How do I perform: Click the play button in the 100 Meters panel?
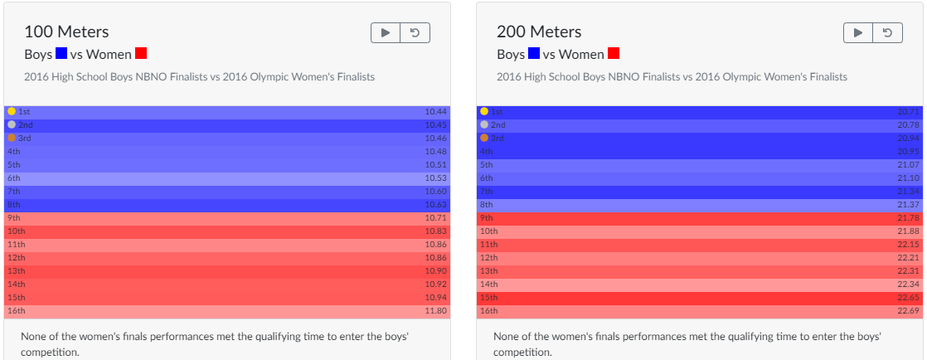tap(386, 32)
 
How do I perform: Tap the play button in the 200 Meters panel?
tap(858, 32)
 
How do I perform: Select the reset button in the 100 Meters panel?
tap(415, 32)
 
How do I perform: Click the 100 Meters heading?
tap(66, 32)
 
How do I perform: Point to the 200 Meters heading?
tap(539, 32)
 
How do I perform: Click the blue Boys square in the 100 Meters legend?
tap(61, 54)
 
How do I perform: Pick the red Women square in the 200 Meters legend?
tap(614, 54)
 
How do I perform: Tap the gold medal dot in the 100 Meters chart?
tap(12, 111)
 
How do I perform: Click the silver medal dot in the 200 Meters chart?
tap(484, 124)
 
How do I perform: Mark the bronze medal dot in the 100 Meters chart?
tap(12, 138)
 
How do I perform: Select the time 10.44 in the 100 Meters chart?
tap(435, 111)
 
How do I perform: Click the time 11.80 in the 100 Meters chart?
tap(435, 311)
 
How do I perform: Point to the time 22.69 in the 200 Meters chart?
tap(908, 311)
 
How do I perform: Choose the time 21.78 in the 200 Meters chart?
tap(908, 217)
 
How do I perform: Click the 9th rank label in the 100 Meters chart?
tap(13, 217)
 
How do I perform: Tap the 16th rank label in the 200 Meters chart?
tap(489, 311)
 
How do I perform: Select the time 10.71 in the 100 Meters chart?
tap(435, 217)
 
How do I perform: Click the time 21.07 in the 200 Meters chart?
tap(908, 164)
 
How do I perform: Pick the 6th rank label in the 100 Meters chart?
tap(13, 178)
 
